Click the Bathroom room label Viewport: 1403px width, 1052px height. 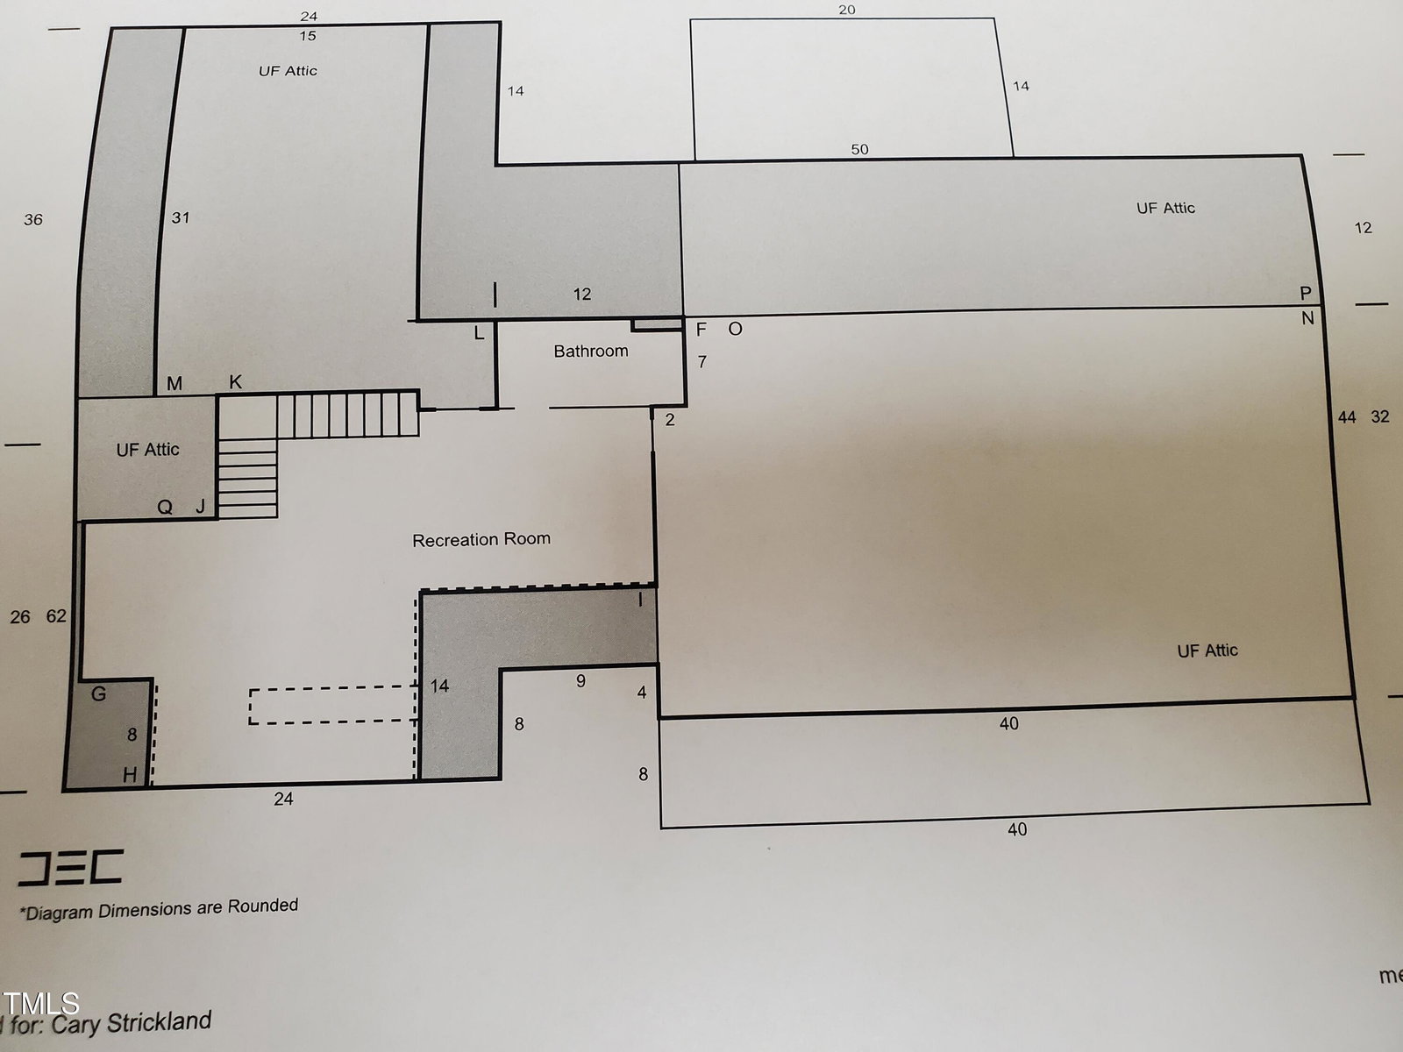[x=591, y=351]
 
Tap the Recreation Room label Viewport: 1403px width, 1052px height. [x=481, y=540]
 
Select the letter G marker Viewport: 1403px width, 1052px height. [x=98, y=693]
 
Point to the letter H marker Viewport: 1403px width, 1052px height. [x=130, y=775]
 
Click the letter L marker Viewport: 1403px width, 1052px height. [x=479, y=333]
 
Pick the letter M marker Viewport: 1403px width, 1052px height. [x=174, y=383]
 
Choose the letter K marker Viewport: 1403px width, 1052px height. [x=235, y=382]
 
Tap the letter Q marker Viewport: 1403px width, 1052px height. [x=165, y=508]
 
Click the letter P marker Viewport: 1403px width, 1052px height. [x=1306, y=293]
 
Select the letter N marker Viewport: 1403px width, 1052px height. [x=1307, y=318]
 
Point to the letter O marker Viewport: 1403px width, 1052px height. [x=735, y=329]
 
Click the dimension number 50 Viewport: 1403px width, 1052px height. [x=859, y=149]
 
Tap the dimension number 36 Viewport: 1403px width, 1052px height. [x=33, y=220]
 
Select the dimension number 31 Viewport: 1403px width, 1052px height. [x=181, y=217]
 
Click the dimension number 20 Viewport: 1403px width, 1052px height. [x=847, y=10]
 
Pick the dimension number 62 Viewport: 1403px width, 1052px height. [x=56, y=615]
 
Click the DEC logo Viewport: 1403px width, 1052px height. [x=70, y=867]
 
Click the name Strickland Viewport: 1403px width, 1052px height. [x=159, y=1022]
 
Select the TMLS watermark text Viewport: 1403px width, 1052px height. [x=40, y=1004]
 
